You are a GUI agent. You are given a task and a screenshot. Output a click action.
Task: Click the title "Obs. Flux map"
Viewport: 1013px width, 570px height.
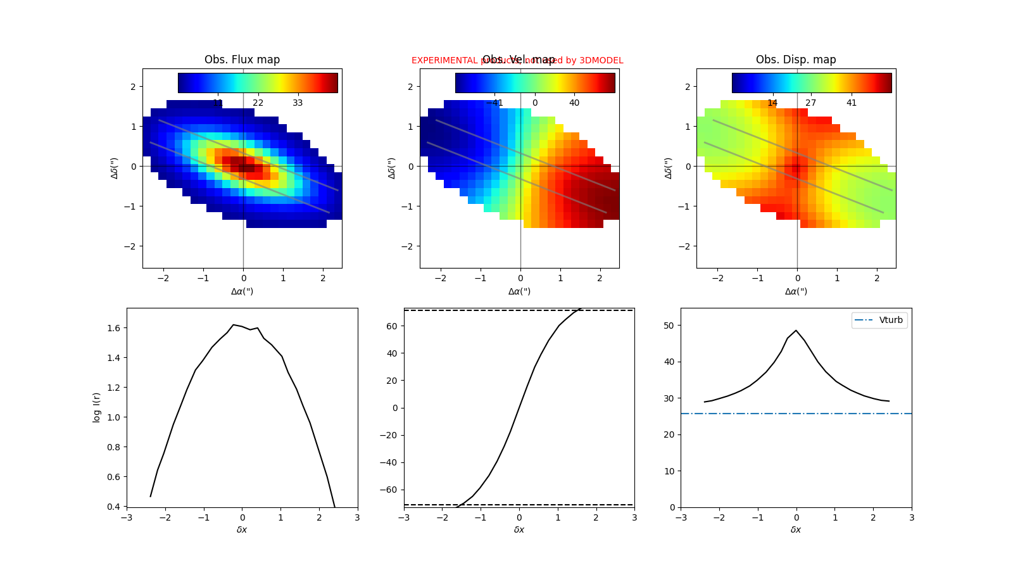pyautogui.click(x=242, y=60)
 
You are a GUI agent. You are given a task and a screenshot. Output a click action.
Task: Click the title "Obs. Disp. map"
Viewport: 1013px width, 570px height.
pyautogui.click(x=796, y=60)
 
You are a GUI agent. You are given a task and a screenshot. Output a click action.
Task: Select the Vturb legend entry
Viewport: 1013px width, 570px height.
pyautogui.click(x=879, y=320)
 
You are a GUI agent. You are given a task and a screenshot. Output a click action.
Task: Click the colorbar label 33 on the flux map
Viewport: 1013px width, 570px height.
pyautogui.click(x=298, y=103)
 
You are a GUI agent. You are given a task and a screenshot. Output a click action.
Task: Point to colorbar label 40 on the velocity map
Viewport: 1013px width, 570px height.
pyautogui.click(x=574, y=103)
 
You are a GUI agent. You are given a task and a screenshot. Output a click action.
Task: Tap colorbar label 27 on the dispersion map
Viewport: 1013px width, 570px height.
pyautogui.click(x=810, y=103)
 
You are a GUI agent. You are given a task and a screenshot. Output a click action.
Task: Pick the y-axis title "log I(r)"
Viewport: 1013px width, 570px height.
pyautogui.click(x=97, y=407)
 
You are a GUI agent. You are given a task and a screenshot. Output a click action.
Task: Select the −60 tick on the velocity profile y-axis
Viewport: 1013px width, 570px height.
pyautogui.click(x=390, y=490)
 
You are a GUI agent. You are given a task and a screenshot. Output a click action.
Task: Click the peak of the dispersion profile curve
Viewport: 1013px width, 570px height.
pyautogui.click(x=796, y=331)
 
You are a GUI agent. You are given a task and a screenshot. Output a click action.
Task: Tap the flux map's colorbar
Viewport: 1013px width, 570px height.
pyautogui.click(x=258, y=83)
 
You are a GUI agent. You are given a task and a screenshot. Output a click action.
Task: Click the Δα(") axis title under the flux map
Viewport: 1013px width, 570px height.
pyautogui.click(x=242, y=291)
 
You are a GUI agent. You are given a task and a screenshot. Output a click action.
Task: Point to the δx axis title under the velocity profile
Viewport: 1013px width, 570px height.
pyautogui.click(x=519, y=529)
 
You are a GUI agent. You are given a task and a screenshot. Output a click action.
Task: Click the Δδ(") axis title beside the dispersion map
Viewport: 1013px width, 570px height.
pyautogui.click(x=669, y=168)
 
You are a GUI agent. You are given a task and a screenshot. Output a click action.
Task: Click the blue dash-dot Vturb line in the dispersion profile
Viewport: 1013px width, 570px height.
pyautogui.click(x=760, y=414)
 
